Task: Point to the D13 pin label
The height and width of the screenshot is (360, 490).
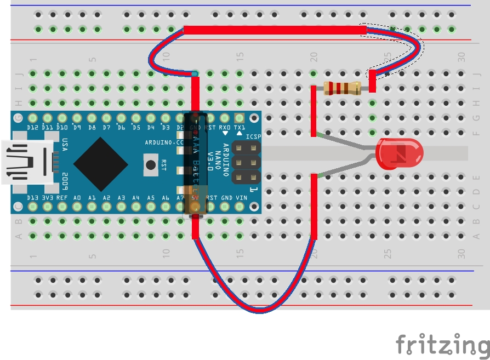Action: pos(33,197)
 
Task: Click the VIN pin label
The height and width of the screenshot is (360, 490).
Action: pos(241,197)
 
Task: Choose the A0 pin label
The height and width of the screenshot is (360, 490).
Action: pos(77,197)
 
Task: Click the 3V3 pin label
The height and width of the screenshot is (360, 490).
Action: pos(48,197)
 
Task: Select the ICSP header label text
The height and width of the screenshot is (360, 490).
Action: pos(253,137)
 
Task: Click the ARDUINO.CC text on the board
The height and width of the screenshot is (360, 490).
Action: pos(164,142)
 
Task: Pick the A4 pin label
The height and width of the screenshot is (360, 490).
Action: pos(136,197)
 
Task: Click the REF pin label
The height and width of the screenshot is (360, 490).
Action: pos(62,197)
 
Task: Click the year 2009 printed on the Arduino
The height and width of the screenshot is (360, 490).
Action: pos(65,179)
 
